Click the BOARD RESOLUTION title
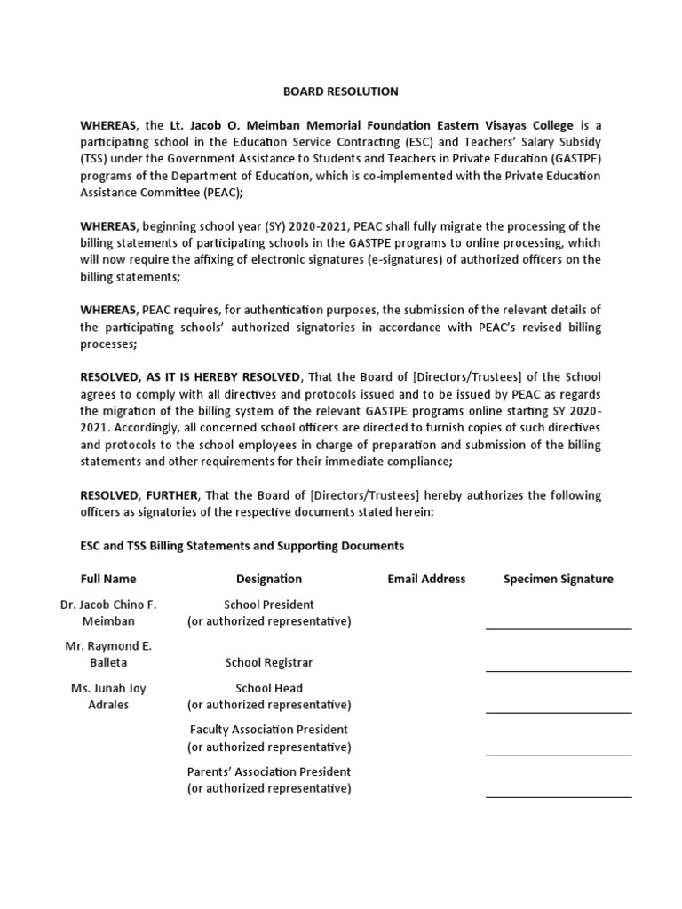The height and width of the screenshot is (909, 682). pyautogui.click(x=340, y=91)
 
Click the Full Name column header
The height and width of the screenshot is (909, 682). pyautogui.click(x=108, y=579)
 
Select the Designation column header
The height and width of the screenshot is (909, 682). pyautogui.click(x=269, y=579)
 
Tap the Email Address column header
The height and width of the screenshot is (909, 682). pyautogui.click(x=426, y=579)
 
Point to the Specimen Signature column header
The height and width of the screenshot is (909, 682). pyautogui.click(x=559, y=579)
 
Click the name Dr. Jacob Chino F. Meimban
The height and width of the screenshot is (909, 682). pyautogui.click(x=108, y=613)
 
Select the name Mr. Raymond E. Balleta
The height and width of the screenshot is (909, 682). pyautogui.click(x=108, y=654)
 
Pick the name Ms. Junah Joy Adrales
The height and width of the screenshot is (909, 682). pyautogui.click(x=108, y=696)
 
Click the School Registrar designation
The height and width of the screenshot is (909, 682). pyautogui.click(x=269, y=662)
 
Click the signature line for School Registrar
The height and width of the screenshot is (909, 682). pyautogui.click(x=559, y=671)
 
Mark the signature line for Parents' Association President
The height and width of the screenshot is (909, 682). pyautogui.click(x=559, y=796)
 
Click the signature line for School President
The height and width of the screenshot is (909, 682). pyautogui.click(x=559, y=628)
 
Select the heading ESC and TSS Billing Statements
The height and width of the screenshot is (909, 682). pyautogui.click(x=242, y=546)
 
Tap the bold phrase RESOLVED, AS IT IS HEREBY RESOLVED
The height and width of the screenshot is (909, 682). pyautogui.click(x=191, y=377)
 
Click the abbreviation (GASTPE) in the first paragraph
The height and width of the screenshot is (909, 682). pyautogui.click(x=573, y=159)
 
